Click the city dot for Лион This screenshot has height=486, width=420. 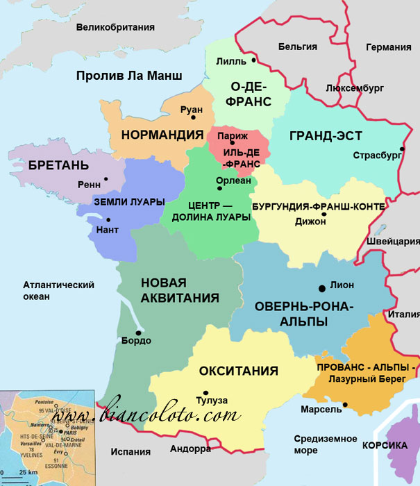click(x=321, y=287)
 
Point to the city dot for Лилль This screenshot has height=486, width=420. click(x=254, y=61)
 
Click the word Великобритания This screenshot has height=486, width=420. click(x=115, y=28)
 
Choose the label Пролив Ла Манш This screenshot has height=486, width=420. click(x=129, y=76)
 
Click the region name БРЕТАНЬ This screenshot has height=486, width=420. click(x=58, y=166)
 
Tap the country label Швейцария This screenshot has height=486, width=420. click(x=392, y=242)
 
